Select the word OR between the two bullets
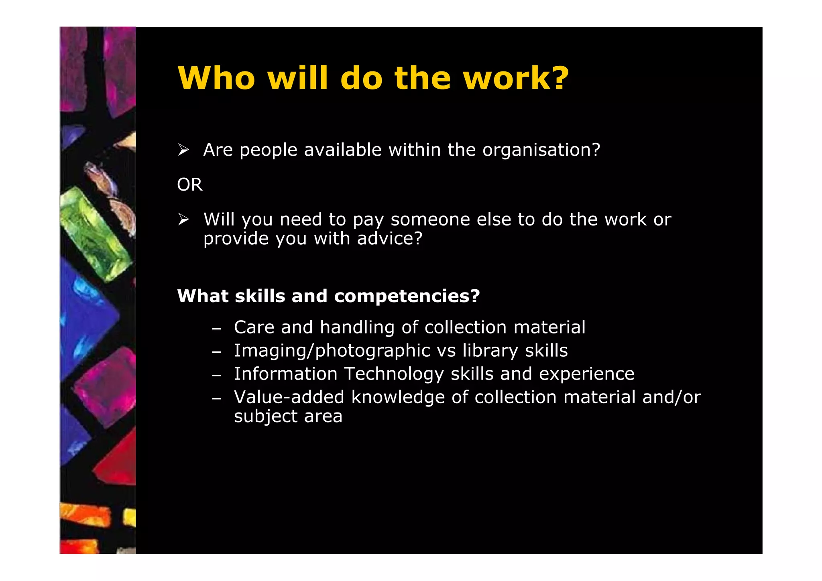point(190,185)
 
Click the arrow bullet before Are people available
point(183,150)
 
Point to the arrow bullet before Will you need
point(183,219)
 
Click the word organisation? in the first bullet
point(541,150)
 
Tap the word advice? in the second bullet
point(390,239)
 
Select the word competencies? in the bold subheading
point(407,296)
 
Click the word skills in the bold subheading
point(260,296)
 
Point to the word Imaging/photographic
point(332,351)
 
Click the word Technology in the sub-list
point(394,374)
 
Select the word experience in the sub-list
point(586,374)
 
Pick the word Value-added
point(289,397)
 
